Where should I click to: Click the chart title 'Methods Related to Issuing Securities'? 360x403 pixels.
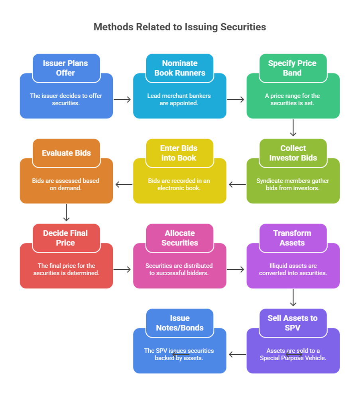tap(180, 27)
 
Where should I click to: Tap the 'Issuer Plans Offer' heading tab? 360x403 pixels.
tap(66, 68)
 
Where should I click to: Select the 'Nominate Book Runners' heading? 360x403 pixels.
tap(180, 68)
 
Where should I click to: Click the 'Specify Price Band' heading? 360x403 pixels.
tap(293, 68)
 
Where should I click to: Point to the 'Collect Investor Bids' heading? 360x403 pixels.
tap(293, 153)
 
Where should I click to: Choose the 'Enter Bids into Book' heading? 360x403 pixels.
tap(179, 153)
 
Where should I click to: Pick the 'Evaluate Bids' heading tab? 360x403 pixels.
tap(66, 153)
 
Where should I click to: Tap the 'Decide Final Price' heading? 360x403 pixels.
tap(66, 238)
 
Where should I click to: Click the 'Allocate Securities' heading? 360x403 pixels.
tap(180, 238)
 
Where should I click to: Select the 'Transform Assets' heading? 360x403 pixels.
tap(292, 238)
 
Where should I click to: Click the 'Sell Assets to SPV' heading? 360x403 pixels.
tap(293, 323)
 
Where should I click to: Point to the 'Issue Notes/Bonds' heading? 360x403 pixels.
tap(180, 323)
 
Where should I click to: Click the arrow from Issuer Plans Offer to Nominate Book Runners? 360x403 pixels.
tap(122, 99)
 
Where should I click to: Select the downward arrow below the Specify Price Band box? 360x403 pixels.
tap(293, 128)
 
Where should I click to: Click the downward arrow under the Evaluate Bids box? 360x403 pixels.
tap(67, 213)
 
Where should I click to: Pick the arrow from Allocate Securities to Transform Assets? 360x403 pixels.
tap(236, 269)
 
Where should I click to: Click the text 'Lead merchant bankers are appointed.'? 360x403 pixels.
tap(179, 99)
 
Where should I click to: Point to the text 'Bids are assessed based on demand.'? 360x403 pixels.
tap(66, 184)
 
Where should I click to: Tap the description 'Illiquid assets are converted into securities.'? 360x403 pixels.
tap(293, 269)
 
